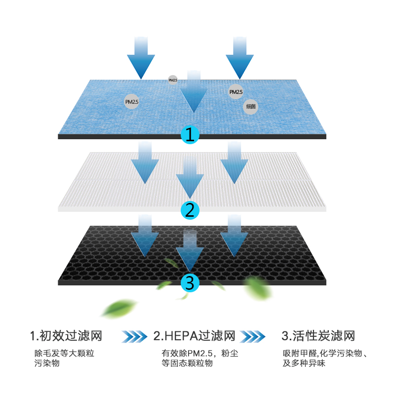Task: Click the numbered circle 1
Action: [190, 134]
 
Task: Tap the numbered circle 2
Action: [190, 210]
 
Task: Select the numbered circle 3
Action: [190, 283]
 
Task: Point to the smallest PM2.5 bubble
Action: [173, 79]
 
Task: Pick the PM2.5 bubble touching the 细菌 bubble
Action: [236, 92]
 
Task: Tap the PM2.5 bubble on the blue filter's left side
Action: [132, 102]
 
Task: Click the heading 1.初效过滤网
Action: [66, 337]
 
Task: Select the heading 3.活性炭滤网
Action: [318, 337]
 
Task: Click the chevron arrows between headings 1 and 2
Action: [134, 337]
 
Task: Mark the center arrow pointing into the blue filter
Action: [193, 94]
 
